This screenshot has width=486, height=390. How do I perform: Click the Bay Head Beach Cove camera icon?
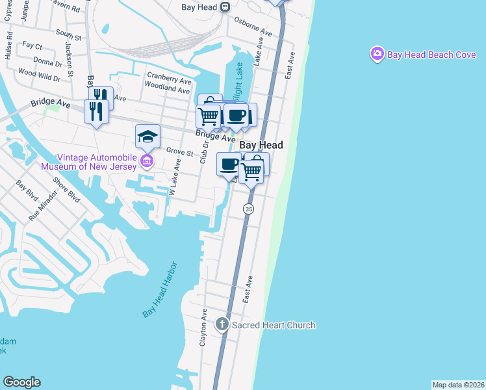(x=377, y=55)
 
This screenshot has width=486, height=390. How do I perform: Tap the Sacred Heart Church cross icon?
(x=222, y=325)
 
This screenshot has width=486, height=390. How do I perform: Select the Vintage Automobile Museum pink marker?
(x=147, y=161)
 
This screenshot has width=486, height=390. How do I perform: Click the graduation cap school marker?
(x=147, y=136)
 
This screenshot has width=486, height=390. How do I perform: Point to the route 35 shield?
(x=249, y=209)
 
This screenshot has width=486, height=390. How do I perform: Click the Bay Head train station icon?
(x=225, y=6)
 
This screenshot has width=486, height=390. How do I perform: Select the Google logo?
(x=21, y=382)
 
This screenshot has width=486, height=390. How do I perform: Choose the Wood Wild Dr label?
(x=39, y=75)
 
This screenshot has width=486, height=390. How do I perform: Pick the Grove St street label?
(x=180, y=152)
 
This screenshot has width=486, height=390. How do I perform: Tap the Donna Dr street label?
(x=47, y=63)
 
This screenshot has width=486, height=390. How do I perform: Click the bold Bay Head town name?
(x=261, y=146)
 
